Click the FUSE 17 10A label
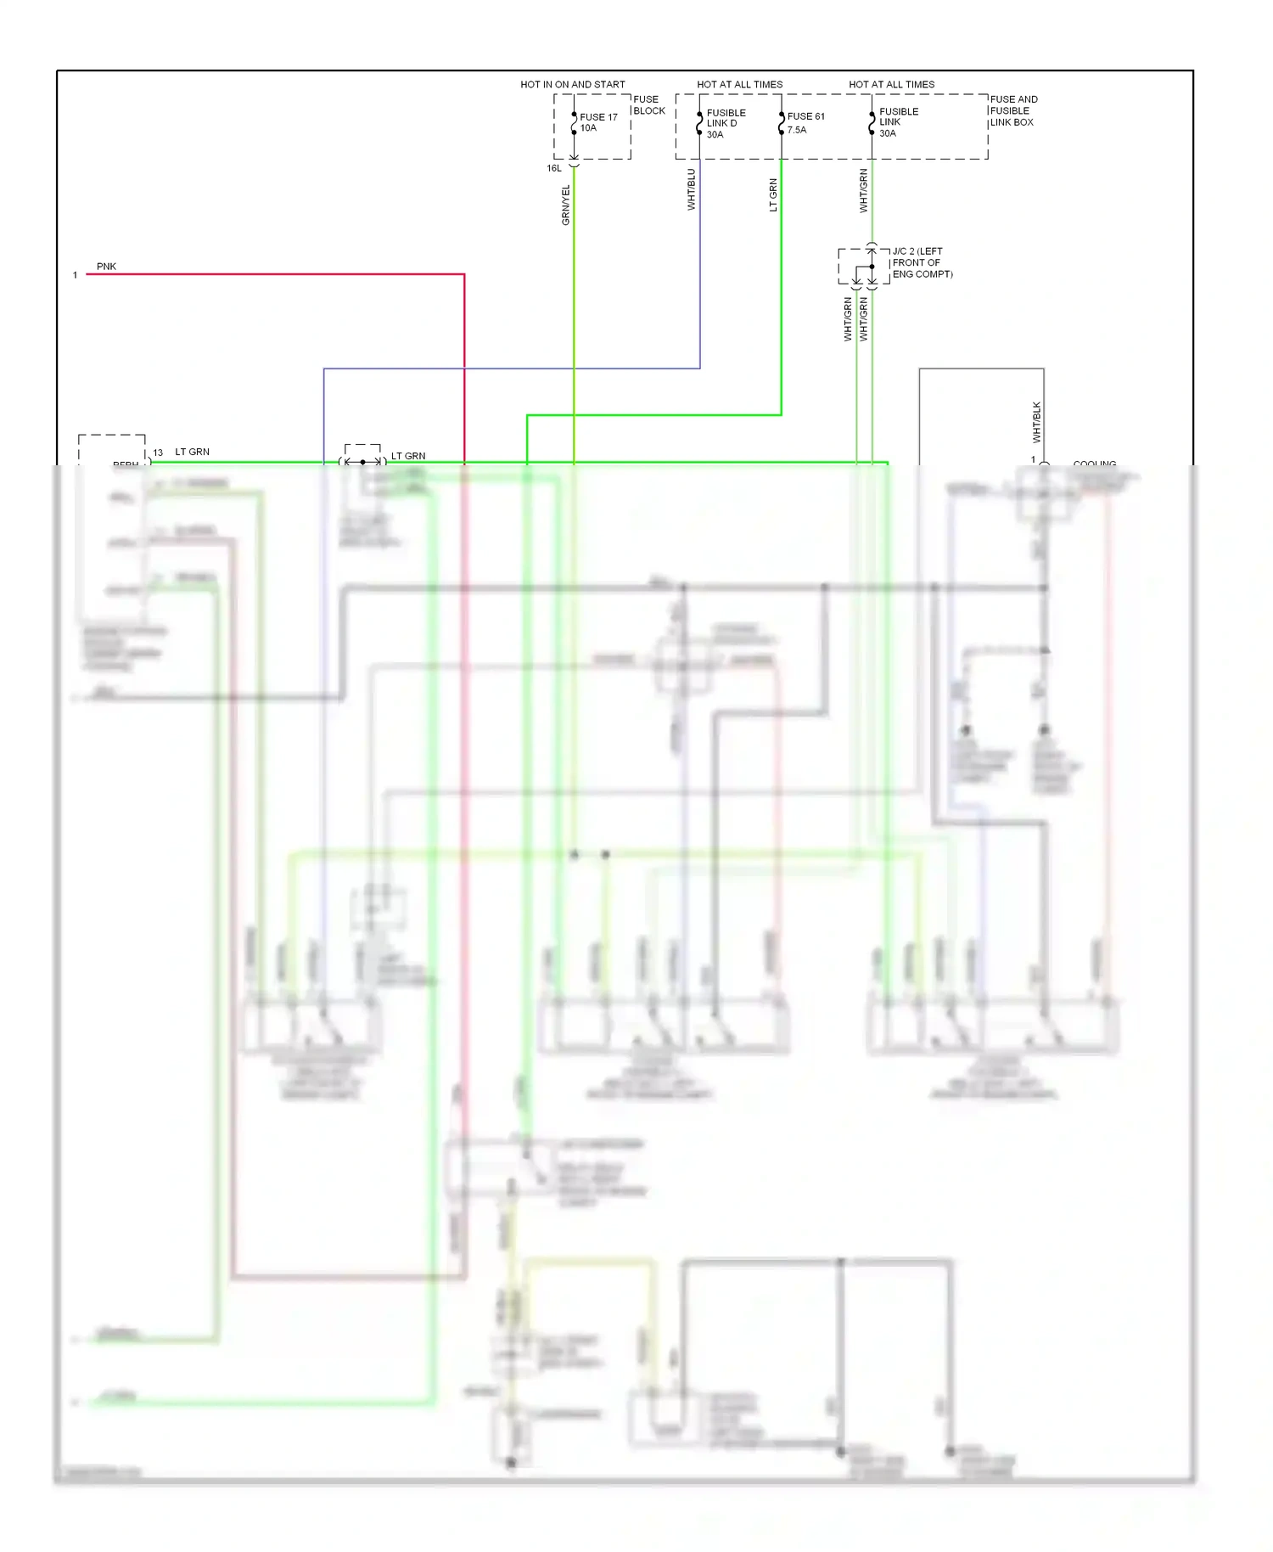click(x=597, y=122)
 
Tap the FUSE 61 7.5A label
click(x=805, y=122)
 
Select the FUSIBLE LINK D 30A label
click(x=726, y=123)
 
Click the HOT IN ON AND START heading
click(x=572, y=84)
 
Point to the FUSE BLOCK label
click(x=648, y=104)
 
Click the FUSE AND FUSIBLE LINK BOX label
click(x=1012, y=110)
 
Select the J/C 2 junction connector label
click(x=922, y=262)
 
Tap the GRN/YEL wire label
click(x=566, y=205)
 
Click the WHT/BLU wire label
click(x=691, y=189)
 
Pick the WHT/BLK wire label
click(x=1036, y=422)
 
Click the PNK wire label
click(x=106, y=266)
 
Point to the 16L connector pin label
click(x=553, y=168)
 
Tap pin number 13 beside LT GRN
click(x=158, y=453)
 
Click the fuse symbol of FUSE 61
click(x=782, y=124)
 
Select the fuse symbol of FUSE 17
click(x=575, y=124)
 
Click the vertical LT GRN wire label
click(x=773, y=194)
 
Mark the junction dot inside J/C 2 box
click(x=872, y=267)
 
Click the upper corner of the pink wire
click(x=464, y=274)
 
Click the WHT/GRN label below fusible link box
click(x=863, y=190)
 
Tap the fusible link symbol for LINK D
click(x=699, y=124)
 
